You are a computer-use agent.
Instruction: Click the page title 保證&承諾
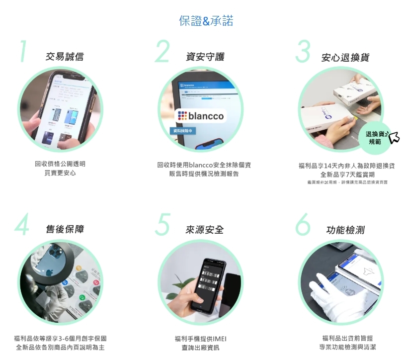(206, 21)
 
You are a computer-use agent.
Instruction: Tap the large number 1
(23, 52)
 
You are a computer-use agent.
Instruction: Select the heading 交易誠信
(65, 57)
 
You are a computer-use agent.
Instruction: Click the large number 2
(162, 52)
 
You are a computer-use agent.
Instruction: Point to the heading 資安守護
(204, 57)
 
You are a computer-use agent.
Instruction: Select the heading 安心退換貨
(345, 58)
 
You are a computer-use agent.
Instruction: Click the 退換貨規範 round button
(375, 138)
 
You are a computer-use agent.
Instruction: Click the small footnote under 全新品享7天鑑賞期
(347, 182)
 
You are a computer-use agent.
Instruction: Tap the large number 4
(22, 225)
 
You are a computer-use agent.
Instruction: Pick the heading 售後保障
(65, 229)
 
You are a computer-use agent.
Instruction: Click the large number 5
(162, 225)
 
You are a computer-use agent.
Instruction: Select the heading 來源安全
(204, 229)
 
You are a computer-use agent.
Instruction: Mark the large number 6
(303, 225)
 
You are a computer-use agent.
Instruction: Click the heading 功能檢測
(345, 230)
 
